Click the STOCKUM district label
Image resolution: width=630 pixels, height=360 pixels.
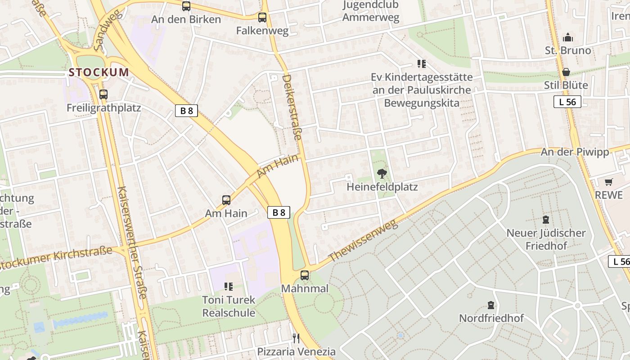click(x=99, y=72)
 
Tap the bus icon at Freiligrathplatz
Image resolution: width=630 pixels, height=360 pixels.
click(x=103, y=94)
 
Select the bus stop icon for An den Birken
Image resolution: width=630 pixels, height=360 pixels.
click(x=186, y=6)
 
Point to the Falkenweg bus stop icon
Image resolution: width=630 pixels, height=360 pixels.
click(x=262, y=18)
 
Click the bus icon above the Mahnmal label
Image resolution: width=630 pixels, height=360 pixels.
click(x=305, y=275)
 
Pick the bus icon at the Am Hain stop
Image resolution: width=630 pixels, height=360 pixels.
click(x=226, y=200)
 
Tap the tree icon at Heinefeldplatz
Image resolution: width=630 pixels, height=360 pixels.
click(x=382, y=173)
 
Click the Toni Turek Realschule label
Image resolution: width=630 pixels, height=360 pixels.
click(x=229, y=306)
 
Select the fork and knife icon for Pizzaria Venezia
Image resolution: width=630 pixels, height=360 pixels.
click(x=296, y=338)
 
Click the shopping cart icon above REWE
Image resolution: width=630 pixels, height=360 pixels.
click(x=608, y=182)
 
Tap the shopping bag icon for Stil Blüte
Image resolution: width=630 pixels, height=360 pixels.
click(x=566, y=72)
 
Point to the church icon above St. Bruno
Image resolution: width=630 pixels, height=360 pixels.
click(x=568, y=37)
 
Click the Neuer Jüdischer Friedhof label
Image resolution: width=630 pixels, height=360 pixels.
click(x=546, y=239)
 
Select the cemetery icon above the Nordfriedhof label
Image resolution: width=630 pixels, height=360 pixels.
click(x=491, y=305)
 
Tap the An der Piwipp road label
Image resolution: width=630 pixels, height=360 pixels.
click(x=575, y=152)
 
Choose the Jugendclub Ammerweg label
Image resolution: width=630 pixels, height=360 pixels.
click(x=371, y=11)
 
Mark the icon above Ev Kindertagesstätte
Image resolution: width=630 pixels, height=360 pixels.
click(x=421, y=64)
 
